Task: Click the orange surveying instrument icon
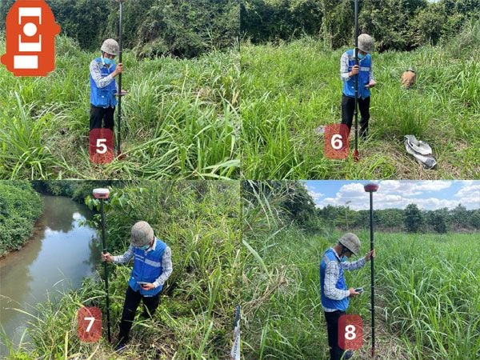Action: (30, 38)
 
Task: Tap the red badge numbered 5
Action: (102, 146)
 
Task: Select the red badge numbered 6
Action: (337, 142)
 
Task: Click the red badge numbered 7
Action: (90, 324)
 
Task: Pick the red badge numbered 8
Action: (350, 332)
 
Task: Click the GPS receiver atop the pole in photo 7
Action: (102, 193)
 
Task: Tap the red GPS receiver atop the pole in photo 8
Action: (371, 187)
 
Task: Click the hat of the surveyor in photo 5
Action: (110, 47)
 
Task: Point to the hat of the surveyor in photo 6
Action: (366, 42)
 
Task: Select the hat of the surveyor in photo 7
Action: (142, 234)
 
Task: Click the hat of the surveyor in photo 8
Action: (350, 242)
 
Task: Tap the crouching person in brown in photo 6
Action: (408, 78)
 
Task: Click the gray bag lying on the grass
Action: (420, 151)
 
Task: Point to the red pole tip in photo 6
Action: (356, 155)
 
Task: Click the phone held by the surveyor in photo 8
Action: (358, 290)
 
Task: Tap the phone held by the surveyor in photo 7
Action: (142, 284)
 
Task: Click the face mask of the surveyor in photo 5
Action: (108, 61)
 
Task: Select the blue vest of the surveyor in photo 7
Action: (148, 267)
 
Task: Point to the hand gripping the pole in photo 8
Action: (370, 254)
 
